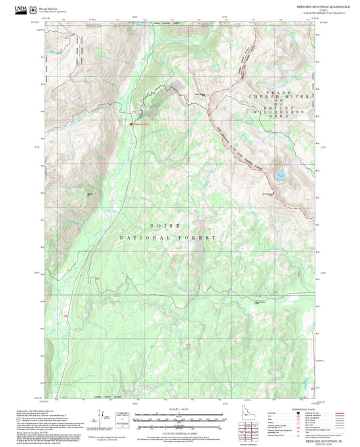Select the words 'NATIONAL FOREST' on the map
(168, 238)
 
